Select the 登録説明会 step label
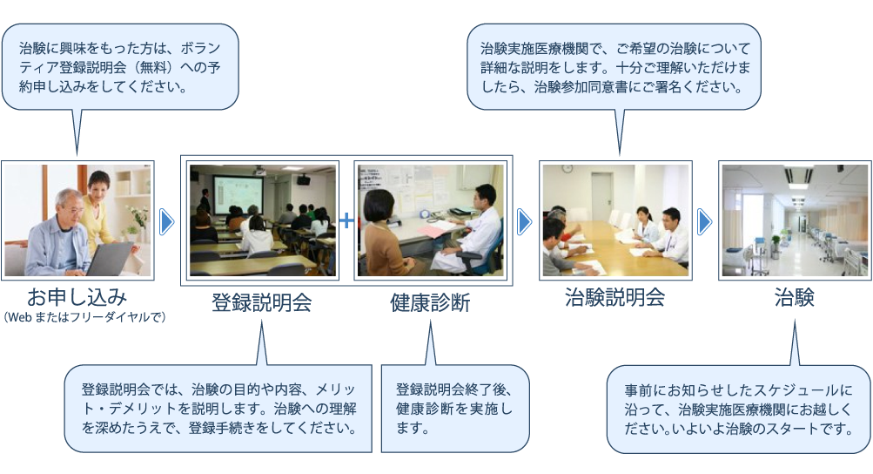click(261, 302)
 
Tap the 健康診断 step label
click(430, 302)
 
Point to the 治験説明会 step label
click(614, 296)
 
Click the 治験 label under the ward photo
click(795, 296)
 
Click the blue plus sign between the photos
click(346, 220)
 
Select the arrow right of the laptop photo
click(167, 222)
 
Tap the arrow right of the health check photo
click(525, 222)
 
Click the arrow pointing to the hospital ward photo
click(704, 222)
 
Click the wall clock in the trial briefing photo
click(567, 168)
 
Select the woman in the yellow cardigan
click(99, 209)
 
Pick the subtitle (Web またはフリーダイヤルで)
click(84, 317)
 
